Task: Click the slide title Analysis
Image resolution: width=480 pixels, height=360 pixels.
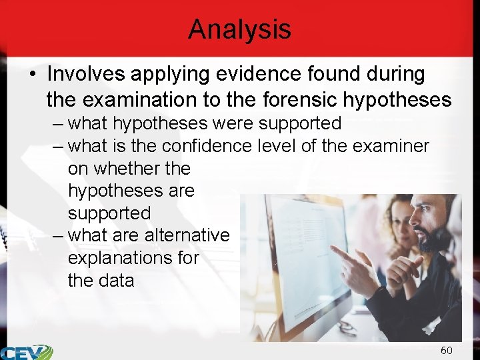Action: [239, 29]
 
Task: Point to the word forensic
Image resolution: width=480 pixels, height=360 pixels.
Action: [299, 101]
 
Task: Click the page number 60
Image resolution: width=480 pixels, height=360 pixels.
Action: [446, 350]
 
